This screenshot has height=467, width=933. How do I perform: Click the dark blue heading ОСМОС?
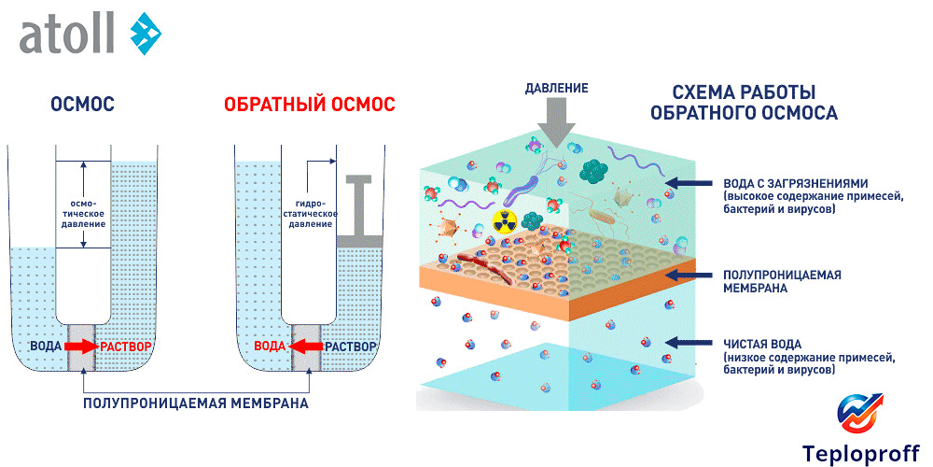(83, 105)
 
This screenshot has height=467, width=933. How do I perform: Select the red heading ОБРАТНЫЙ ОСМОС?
(309, 105)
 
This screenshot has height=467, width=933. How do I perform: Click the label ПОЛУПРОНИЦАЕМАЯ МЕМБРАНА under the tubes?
(195, 403)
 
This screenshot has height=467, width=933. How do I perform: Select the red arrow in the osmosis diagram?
(81, 347)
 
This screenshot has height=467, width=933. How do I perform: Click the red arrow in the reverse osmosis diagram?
(305, 347)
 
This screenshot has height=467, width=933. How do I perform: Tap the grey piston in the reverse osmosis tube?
(358, 211)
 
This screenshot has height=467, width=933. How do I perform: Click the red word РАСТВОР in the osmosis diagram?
(126, 347)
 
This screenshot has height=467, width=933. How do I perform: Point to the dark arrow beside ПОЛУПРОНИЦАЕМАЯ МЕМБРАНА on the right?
(694, 275)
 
